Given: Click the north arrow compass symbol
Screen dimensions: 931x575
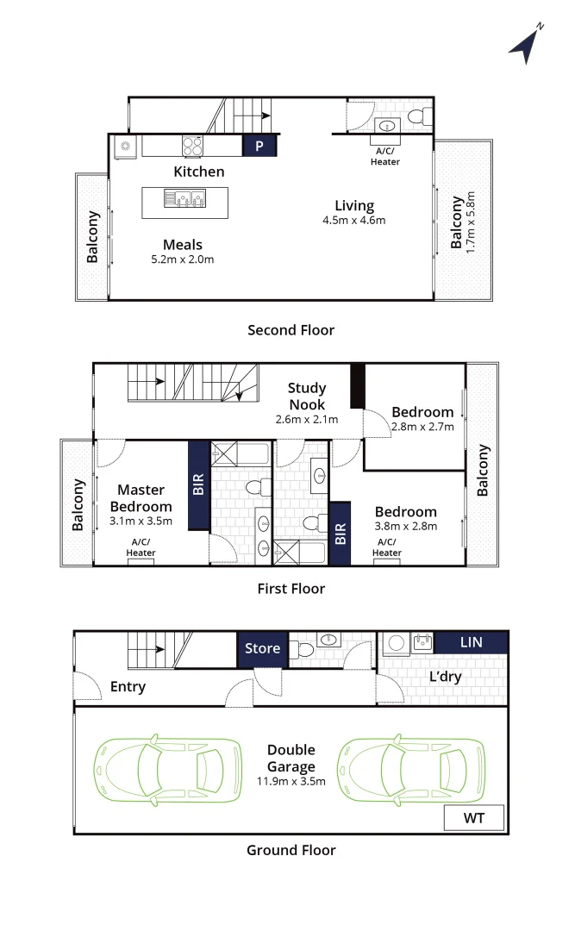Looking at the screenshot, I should [x=525, y=45].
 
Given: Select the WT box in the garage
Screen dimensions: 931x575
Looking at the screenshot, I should [x=474, y=818].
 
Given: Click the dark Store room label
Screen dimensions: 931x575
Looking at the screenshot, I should [x=262, y=648].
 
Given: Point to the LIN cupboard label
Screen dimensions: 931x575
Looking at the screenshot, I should [x=472, y=642].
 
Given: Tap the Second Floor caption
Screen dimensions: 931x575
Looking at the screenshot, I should [x=291, y=330].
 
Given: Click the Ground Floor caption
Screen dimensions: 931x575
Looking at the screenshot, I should [x=291, y=850].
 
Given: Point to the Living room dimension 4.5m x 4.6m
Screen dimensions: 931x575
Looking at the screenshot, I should [x=354, y=220].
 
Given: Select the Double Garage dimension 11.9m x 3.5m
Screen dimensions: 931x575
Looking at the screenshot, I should [x=291, y=782].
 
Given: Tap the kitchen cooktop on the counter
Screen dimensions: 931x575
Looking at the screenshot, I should [x=192, y=146].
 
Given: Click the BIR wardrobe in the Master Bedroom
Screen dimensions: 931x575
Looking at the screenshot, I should [x=199, y=487].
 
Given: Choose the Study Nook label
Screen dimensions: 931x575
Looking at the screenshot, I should [x=307, y=396].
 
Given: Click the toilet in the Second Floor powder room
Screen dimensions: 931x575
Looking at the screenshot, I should [x=417, y=117].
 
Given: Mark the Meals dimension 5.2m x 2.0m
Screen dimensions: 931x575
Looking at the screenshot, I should [x=182, y=259].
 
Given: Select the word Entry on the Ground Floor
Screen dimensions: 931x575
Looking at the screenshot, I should [x=128, y=687].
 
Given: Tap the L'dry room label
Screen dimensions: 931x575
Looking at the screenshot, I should [x=445, y=677].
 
